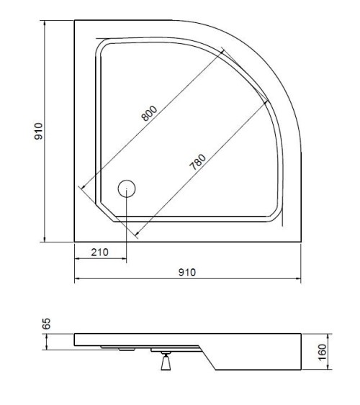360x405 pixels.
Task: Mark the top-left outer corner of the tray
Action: (74, 21)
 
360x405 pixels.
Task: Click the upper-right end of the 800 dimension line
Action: (224, 48)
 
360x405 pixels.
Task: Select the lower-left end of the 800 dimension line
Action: (81, 188)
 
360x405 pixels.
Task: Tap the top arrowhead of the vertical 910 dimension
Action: (45, 22)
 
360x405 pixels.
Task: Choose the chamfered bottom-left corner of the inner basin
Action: (105, 214)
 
